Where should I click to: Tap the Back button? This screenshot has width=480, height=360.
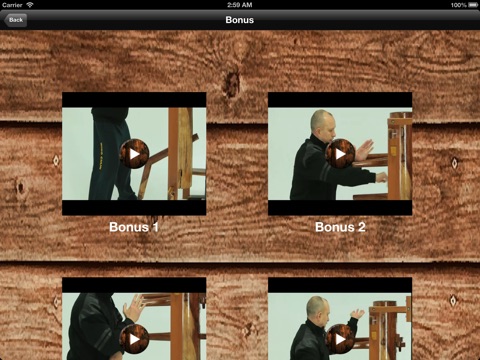pos(15,20)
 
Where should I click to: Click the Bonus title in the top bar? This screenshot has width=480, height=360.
pos(240,20)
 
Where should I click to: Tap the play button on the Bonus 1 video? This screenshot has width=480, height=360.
pos(134,154)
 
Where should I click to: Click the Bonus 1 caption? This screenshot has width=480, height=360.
pos(134,227)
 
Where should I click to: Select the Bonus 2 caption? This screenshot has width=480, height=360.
pos(340,227)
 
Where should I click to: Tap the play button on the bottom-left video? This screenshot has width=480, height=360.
pos(134,339)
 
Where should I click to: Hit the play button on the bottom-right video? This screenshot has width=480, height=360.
pos(340,339)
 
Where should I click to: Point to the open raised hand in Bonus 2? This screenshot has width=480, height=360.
pos(365,150)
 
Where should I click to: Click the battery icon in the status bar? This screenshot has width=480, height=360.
pos(473,5)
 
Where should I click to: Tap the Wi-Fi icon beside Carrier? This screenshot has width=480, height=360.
pos(30,5)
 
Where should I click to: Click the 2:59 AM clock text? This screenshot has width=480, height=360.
pos(240,5)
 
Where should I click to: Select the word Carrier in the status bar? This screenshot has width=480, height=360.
pos(12,5)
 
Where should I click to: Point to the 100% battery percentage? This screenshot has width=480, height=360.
pos(459,5)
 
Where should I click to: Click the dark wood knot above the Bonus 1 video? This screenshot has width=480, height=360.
pos(232,82)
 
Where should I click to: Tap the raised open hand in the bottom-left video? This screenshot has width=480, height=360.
pos(134,308)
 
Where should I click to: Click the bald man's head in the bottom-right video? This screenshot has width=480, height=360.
pos(317,309)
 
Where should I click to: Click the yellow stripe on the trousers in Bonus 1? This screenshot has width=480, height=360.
pos(101,156)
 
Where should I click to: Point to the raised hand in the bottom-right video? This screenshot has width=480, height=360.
pos(357,313)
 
